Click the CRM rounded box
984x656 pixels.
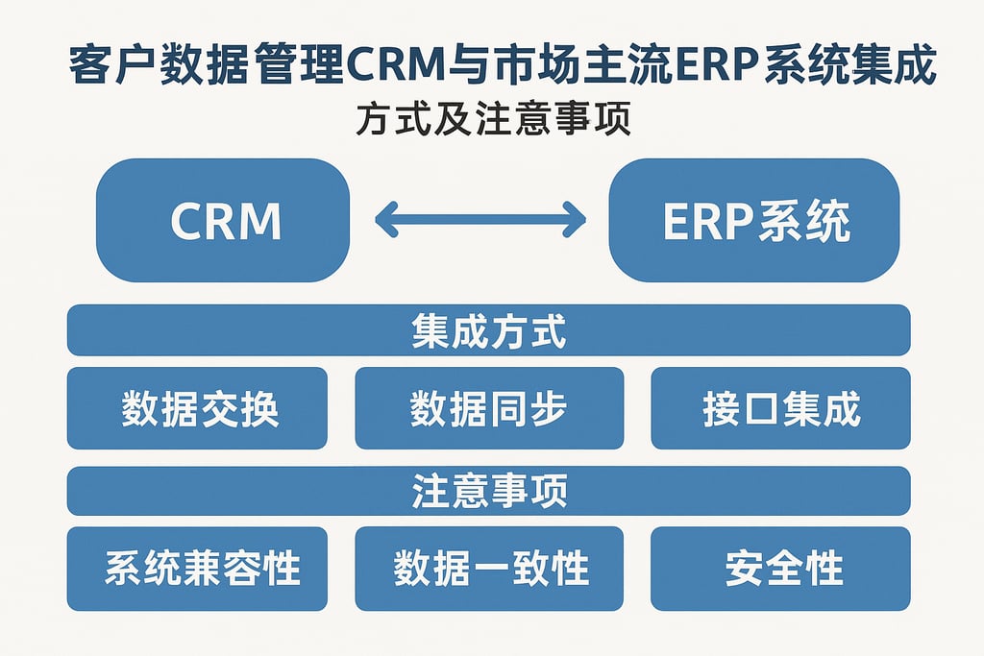click(x=223, y=220)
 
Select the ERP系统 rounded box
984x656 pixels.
click(x=754, y=220)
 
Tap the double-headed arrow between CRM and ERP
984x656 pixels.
click(x=480, y=219)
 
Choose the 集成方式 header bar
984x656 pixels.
click(x=488, y=330)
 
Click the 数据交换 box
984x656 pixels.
click(x=197, y=408)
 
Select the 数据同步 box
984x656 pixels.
click(x=488, y=408)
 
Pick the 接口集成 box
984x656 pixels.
click(x=780, y=408)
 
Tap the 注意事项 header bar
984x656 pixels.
click(x=488, y=491)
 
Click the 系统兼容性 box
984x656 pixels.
click(x=197, y=569)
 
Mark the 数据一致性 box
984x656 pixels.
click(x=488, y=569)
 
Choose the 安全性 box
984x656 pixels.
click(x=780, y=569)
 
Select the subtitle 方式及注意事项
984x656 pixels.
click(x=492, y=122)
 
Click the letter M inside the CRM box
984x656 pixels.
click(x=259, y=221)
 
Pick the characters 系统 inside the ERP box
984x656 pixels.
click(x=804, y=221)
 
